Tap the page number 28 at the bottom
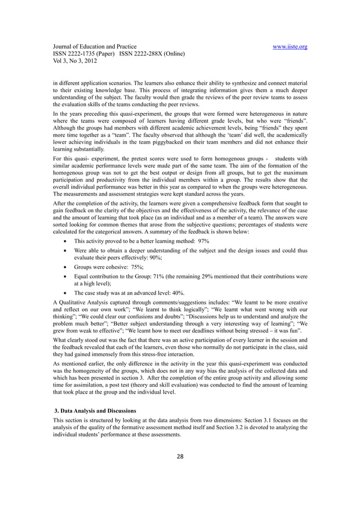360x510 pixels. click(x=179, y=455)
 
